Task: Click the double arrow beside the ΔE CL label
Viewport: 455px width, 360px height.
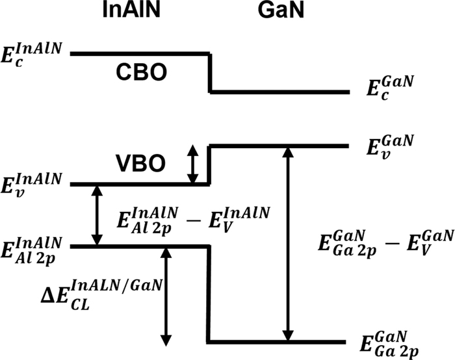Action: (166, 296)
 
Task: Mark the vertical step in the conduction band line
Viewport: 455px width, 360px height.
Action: (210, 73)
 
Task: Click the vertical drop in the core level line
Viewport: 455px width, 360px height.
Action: (208, 294)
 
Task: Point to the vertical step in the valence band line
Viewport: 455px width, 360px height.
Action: (209, 164)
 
